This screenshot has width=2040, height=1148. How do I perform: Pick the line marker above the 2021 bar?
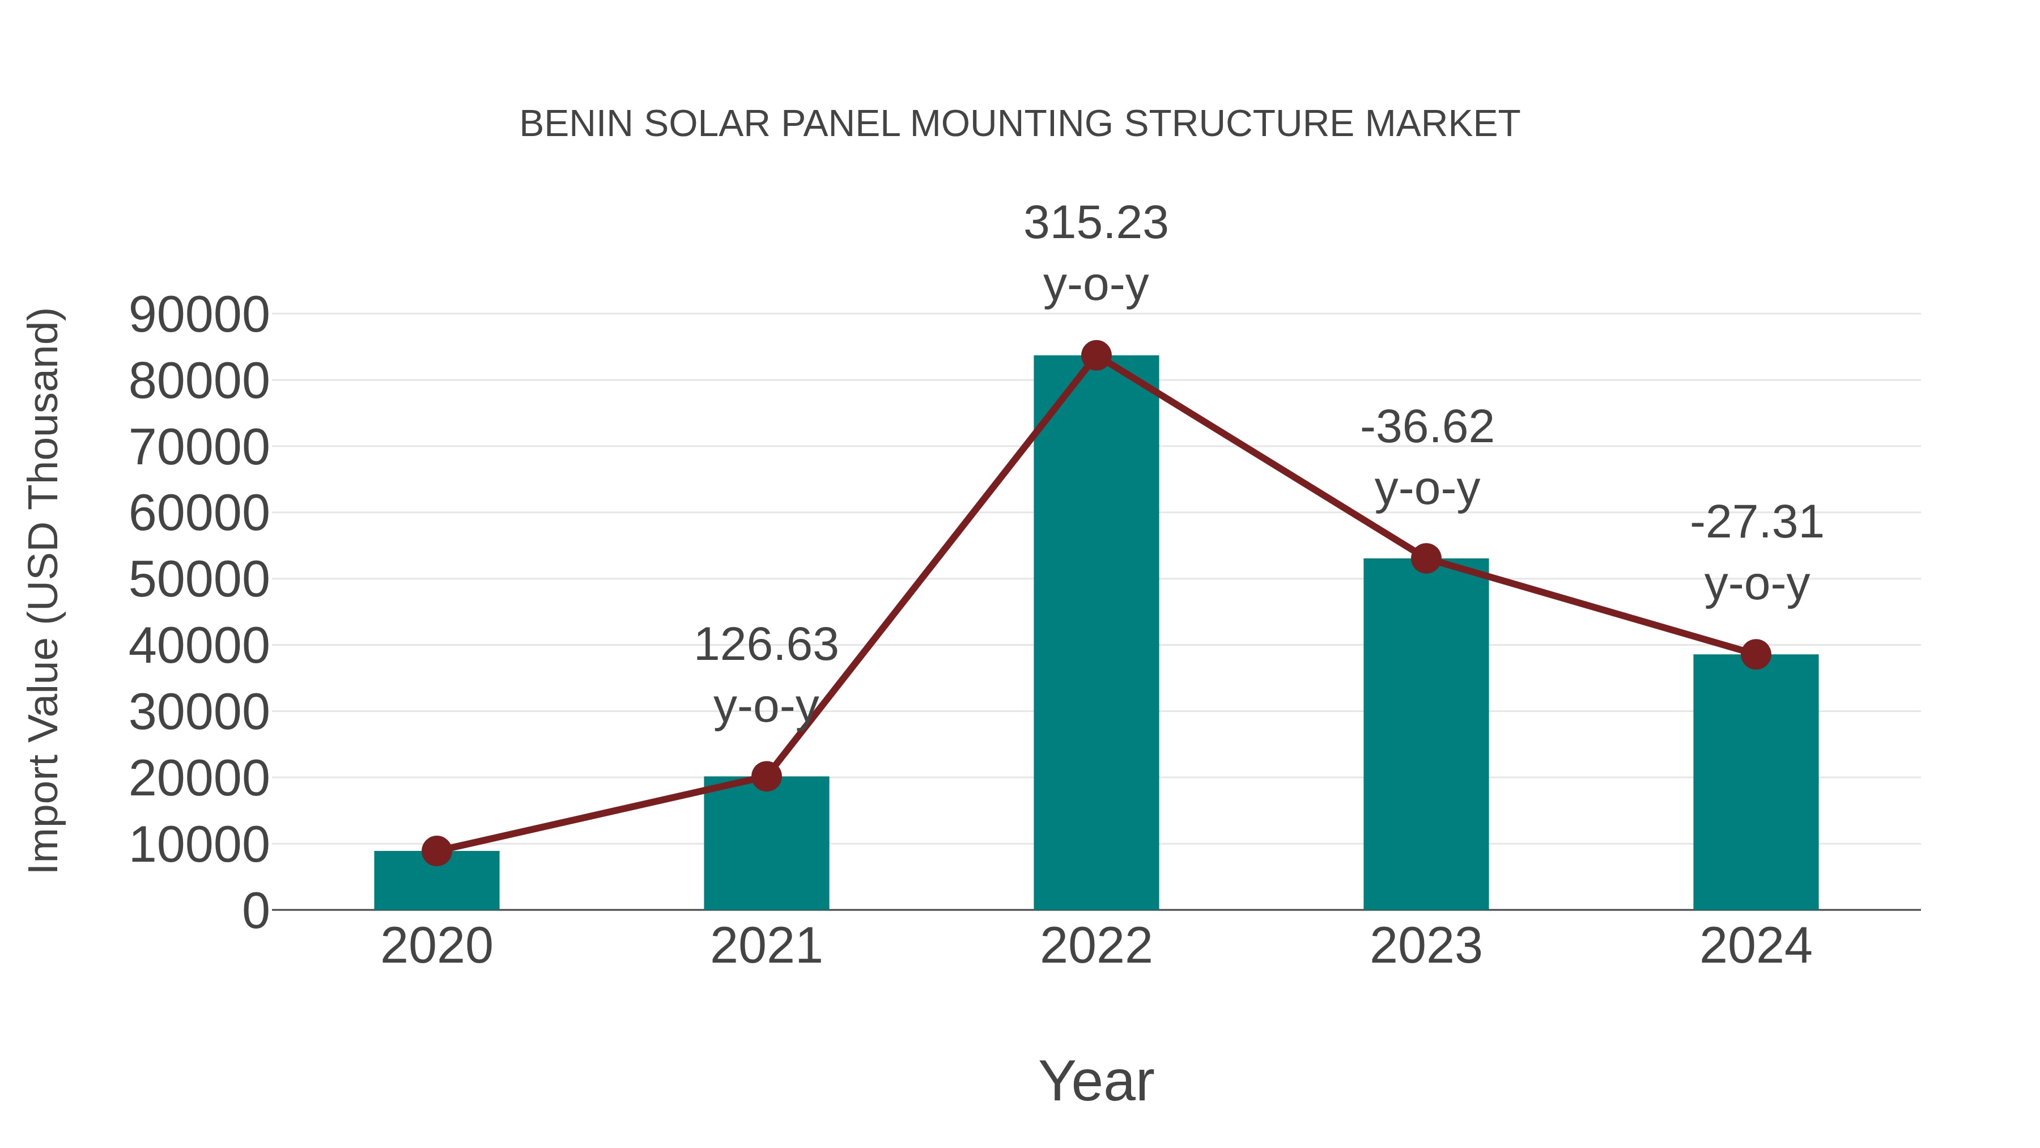click(x=766, y=777)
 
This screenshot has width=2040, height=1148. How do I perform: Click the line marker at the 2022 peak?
click(x=1096, y=355)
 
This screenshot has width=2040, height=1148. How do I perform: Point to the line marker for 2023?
click(x=1426, y=558)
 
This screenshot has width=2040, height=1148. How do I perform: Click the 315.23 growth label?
click(x=1096, y=223)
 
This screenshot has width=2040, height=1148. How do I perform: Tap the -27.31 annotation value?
click(x=1757, y=522)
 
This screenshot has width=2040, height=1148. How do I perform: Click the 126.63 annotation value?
click(x=766, y=644)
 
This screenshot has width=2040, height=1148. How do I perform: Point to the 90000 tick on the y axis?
click(x=199, y=315)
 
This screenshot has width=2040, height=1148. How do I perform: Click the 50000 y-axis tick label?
click(x=199, y=579)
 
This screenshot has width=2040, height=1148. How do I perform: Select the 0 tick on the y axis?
click(x=256, y=910)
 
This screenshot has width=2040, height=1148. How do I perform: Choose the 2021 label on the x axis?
click(x=766, y=946)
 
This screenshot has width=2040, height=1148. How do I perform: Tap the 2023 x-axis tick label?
click(x=1426, y=946)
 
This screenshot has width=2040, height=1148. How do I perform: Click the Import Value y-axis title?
click(x=44, y=590)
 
